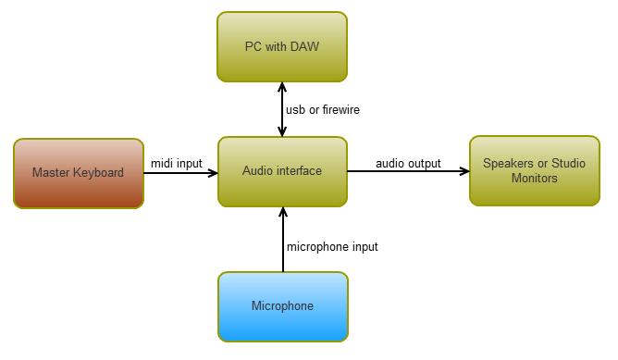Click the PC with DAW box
click(x=282, y=46)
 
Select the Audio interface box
click(x=282, y=171)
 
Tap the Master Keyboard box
click(x=78, y=173)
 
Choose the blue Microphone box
click(x=282, y=306)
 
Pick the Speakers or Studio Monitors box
click(x=534, y=171)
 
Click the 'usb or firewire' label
click(x=322, y=110)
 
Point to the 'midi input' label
click(x=176, y=164)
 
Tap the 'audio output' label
click(x=408, y=164)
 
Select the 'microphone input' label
click(x=332, y=246)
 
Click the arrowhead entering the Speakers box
click(x=463, y=171)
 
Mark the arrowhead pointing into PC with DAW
click(x=282, y=86)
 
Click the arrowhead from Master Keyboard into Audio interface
click(x=212, y=172)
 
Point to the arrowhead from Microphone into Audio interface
click(x=282, y=212)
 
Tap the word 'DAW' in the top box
click(x=304, y=46)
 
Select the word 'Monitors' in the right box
click(x=534, y=178)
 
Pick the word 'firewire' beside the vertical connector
click(x=339, y=110)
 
